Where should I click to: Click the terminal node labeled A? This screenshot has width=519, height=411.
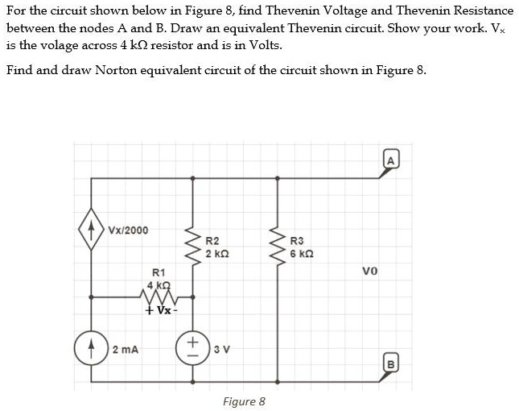390,161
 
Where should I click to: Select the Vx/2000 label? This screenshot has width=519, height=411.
128,230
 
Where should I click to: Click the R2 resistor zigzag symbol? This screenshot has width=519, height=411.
192,247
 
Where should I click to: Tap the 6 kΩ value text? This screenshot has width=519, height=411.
303,253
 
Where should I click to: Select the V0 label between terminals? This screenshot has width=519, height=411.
370,272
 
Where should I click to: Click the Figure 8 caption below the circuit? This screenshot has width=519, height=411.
244,401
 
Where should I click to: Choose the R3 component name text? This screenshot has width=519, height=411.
296,240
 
